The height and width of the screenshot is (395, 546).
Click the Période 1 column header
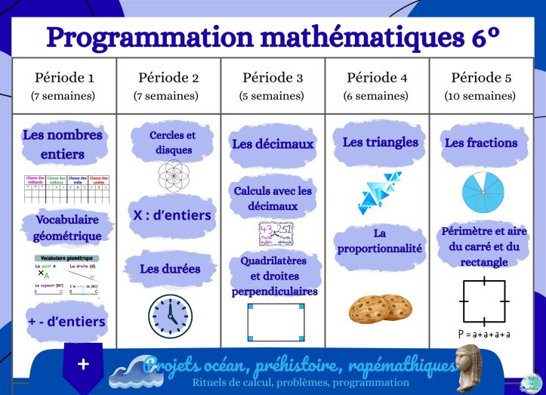(x=64, y=78)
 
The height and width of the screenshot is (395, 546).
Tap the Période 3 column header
(x=273, y=78)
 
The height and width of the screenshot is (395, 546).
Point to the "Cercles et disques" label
(x=172, y=142)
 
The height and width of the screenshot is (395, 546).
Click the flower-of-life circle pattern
(x=173, y=174)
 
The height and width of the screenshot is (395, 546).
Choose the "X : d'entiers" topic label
(x=172, y=215)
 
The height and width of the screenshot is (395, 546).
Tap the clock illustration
(x=170, y=315)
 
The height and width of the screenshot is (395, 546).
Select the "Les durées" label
(x=170, y=268)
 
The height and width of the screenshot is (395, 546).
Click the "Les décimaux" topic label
(x=273, y=143)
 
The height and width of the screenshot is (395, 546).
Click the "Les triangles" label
(x=380, y=142)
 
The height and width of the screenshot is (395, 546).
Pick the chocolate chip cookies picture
(x=380, y=308)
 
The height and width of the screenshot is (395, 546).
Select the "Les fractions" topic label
(x=481, y=143)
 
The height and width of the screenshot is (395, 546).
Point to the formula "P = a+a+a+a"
(x=484, y=334)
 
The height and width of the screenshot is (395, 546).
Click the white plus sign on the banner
(x=83, y=364)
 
